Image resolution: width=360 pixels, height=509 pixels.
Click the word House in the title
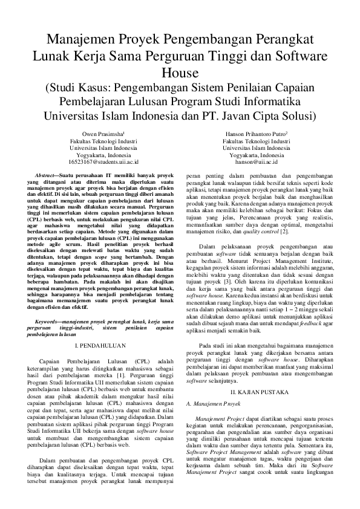pyautogui.click(x=180, y=72)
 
